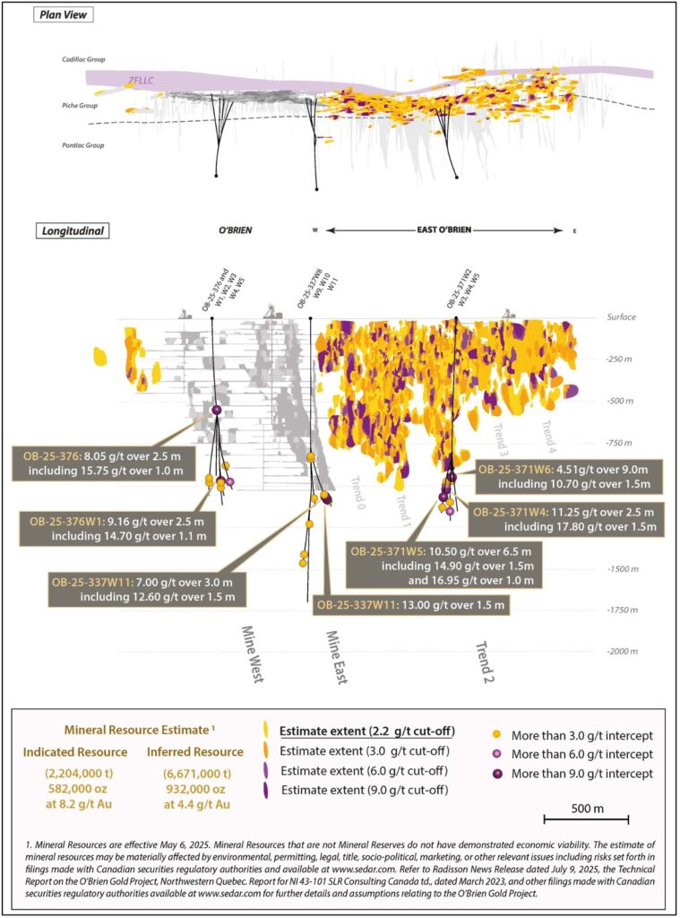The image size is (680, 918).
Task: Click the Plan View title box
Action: pyautogui.click(x=65, y=16)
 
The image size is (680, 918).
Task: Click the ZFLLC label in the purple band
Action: pyautogui.click(x=142, y=81)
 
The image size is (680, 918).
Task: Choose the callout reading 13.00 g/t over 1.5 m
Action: pyautogui.click(x=410, y=606)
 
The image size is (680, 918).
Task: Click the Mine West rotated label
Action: pyautogui.click(x=251, y=654)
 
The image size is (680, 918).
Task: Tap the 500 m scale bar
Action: pyautogui.click(x=586, y=818)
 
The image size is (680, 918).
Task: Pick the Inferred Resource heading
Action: pyautogui.click(x=194, y=751)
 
